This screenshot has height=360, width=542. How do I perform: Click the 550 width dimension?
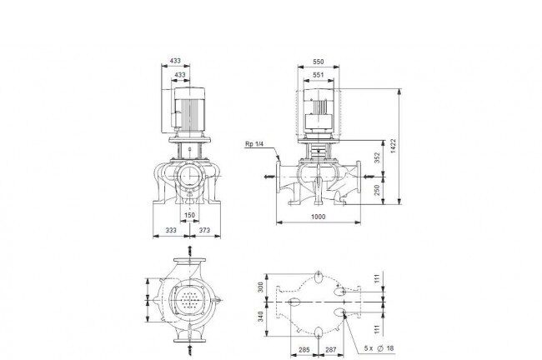tap(318, 62)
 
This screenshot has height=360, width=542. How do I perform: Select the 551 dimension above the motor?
tap(318, 75)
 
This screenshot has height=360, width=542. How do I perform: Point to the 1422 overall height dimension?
tap(393, 146)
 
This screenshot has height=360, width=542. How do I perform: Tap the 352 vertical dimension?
tap(377, 157)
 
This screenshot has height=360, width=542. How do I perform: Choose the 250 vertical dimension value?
tap(377, 190)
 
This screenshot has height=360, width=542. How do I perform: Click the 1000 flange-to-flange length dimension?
tap(318, 217)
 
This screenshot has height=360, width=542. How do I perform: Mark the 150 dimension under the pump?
tap(189, 215)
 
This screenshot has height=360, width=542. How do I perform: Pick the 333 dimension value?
tap(171, 230)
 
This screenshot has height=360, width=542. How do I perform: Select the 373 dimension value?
tap(204, 230)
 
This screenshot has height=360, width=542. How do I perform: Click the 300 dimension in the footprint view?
tap(260, 287)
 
